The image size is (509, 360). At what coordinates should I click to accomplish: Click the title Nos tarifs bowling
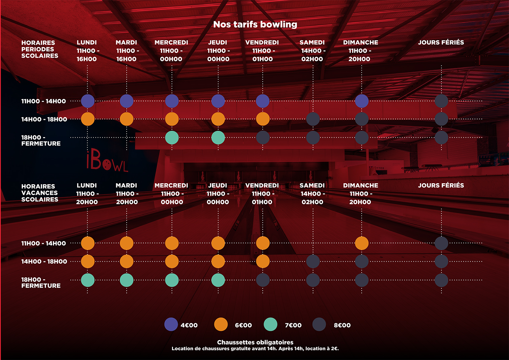[x=255, y=24]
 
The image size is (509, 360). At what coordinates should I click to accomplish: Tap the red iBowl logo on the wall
[x=107, y=162]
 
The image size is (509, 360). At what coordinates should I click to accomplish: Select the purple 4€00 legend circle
[x=171, y=325]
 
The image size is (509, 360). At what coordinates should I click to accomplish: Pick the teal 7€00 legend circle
[x=271, y=325]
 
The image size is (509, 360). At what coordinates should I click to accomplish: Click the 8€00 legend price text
[x=342, y=325]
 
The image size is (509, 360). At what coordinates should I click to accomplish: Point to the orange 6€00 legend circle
[x=221, y=325]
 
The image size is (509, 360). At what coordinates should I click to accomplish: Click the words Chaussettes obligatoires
[x=255, y=342]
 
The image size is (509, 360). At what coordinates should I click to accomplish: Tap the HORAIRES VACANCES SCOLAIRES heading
[x=40, y=193]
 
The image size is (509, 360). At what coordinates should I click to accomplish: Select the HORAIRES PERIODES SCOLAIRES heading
[x=40, y=49]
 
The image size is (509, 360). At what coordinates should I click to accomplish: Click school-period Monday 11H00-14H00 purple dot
[x=88, y=101]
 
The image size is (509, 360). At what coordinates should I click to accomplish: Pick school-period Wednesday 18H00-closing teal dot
[x=172, y=137]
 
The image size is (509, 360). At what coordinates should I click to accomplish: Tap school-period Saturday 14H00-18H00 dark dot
[x=313, y=119]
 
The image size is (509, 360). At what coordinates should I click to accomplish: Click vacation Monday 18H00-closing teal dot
[x=88, y=280]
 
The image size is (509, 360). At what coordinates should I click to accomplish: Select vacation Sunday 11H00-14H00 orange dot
[x=362, y=243]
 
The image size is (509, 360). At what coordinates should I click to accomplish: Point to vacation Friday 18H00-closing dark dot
[x=263, y=280]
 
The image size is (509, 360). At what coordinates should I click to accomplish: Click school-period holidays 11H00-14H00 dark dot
[x=441, y=101]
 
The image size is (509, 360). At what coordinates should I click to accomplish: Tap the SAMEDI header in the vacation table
[x=312, y=186]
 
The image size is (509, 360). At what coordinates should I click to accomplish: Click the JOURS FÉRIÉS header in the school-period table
[x=441, y=42]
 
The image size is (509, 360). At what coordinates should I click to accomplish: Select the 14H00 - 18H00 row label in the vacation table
[x=44, y=262]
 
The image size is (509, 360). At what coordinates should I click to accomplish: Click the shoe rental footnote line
[x=255, y=349]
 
